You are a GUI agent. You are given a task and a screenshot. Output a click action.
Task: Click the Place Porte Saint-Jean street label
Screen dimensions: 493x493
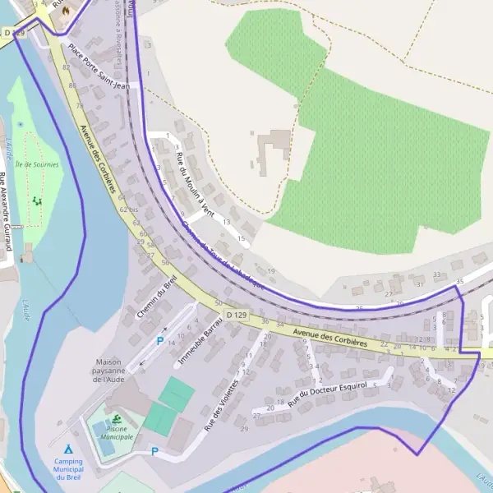click(x=99, y=66)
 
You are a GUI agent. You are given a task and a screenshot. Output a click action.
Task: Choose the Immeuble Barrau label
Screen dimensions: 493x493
click(x=201, y=337)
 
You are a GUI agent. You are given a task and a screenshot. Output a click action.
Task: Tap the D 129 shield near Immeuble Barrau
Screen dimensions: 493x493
click(x=237, y=316)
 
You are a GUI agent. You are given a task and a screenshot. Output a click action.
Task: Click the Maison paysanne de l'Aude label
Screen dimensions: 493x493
click(x=113, y=371)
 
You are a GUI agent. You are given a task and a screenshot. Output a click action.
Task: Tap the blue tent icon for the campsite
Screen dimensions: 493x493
click(x=68, y=449)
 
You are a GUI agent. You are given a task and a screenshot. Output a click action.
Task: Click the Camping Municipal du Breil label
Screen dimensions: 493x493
click(x=73, y=469)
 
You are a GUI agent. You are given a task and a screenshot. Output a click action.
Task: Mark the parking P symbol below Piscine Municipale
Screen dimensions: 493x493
click(x=154, y=450)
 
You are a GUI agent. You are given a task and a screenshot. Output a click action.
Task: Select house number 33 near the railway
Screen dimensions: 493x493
click(x=436, y=274)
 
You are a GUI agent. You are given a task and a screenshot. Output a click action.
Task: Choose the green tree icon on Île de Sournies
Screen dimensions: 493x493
click(x=35, y=200)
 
